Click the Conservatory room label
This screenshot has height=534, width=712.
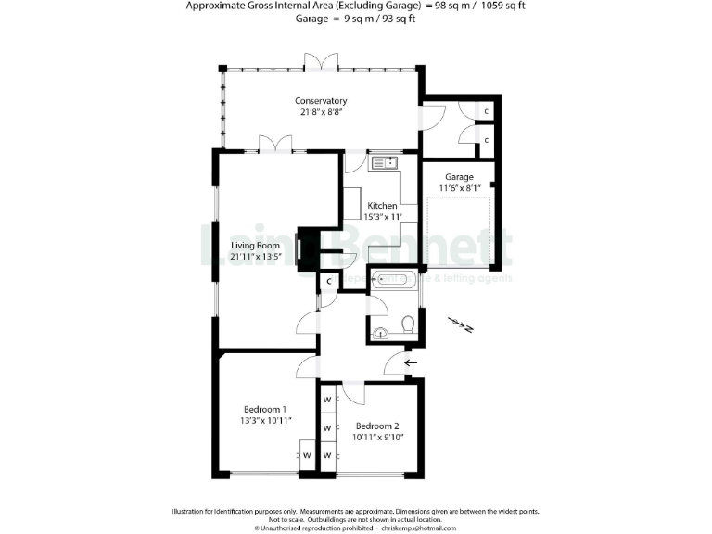(321, 100)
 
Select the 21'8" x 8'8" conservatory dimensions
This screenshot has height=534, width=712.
(321, 112)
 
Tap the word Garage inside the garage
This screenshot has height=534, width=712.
(458, 177)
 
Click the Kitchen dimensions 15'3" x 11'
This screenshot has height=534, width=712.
(382, 217)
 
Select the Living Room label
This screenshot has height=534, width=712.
(255, 246)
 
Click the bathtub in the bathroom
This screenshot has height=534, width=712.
(393, 278)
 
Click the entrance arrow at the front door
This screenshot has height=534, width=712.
(411, 362)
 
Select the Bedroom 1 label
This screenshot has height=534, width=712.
(265, 409)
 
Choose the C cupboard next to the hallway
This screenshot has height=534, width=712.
(328, 281)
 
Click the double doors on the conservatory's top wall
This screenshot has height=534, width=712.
(321, 62)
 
